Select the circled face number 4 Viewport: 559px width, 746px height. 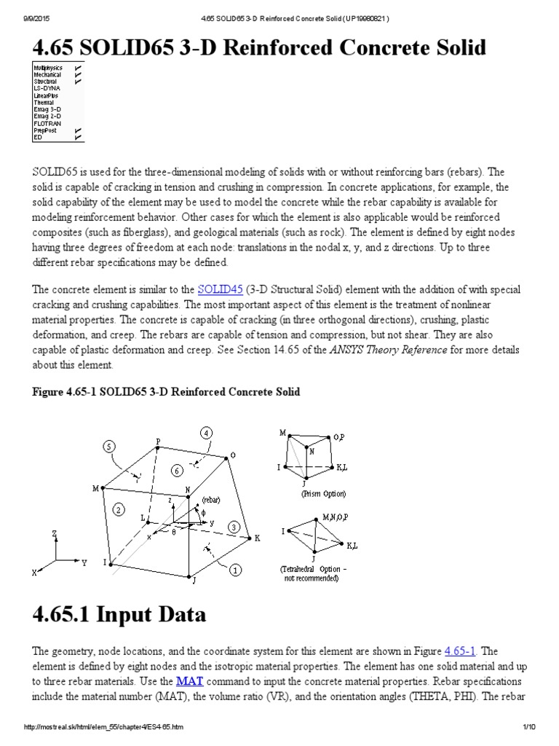(207, 433)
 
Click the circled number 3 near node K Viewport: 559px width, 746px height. (234, 526)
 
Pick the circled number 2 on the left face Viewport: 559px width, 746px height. (119, 510)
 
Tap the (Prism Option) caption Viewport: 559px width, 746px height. (323, 493)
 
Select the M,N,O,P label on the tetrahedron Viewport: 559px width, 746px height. (337, 517)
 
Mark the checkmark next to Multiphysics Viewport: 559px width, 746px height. (78, 67)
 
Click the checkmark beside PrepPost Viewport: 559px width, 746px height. (78, 130)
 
